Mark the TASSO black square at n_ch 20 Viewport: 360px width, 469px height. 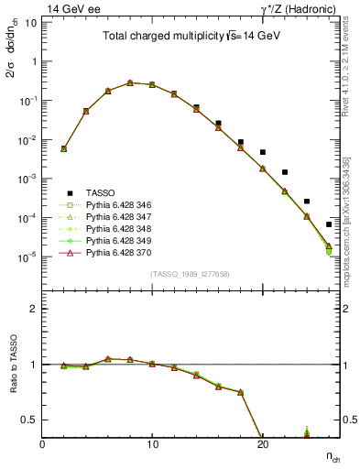click(263, 152)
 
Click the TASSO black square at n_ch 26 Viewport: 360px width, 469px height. click(329, 224)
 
